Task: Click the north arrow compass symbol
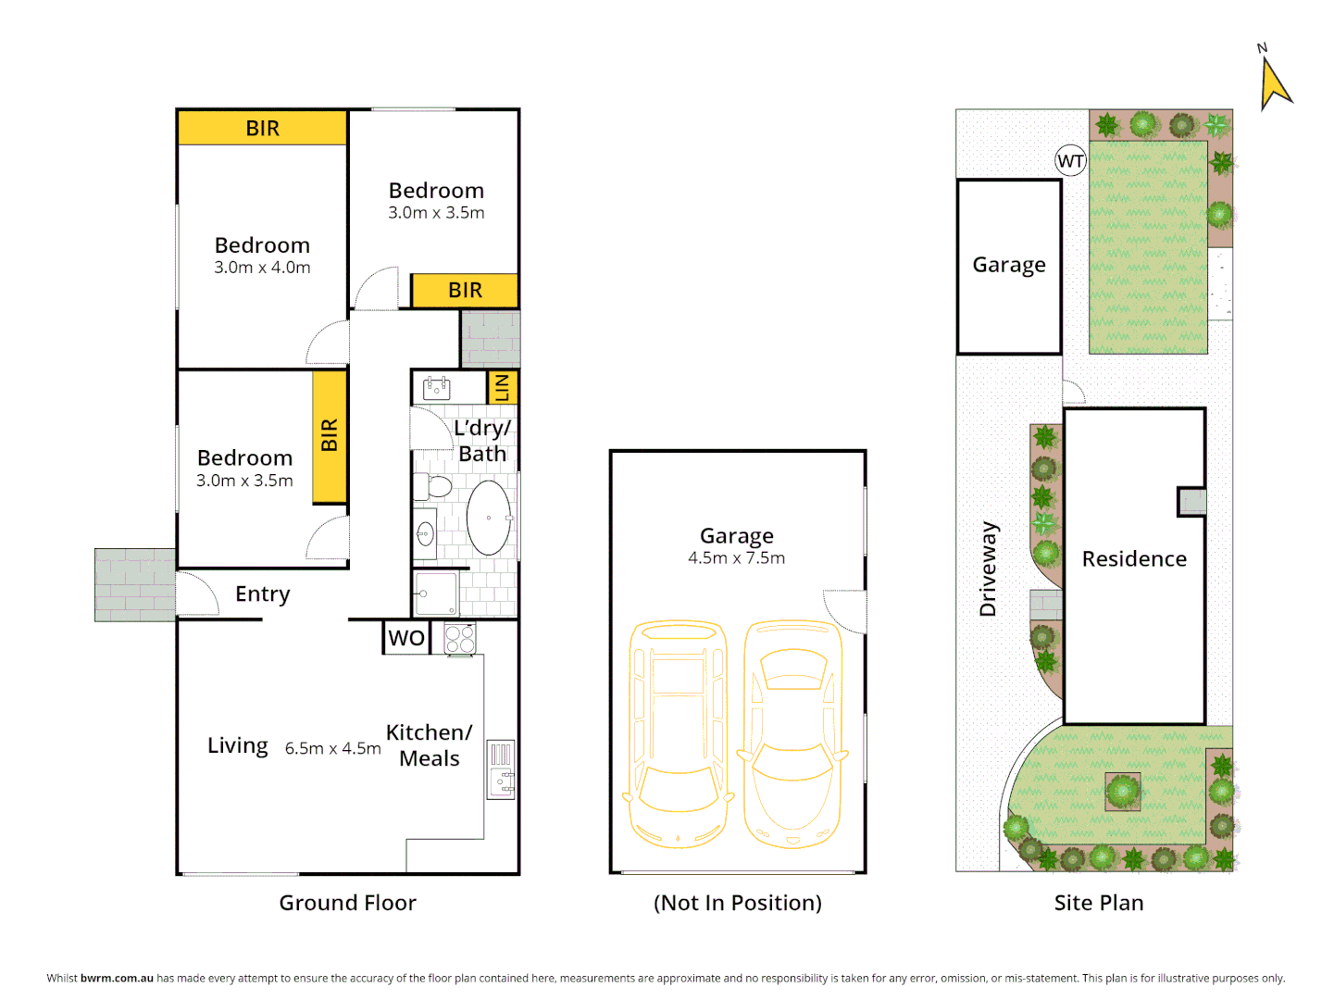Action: tap(1274, 81)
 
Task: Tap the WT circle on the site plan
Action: tap(1071, 161)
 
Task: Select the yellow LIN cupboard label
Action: tap(503, 388)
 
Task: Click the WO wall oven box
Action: tap(406, 638)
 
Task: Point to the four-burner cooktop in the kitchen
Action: tap(460, 639)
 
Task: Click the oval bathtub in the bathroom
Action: tap(488, 519)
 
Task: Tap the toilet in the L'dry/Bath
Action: tap(434, 486)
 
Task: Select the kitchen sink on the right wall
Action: tap(501, 769)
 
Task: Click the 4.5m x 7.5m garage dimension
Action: tap(737, 558)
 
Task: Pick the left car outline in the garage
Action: tap(678, 735)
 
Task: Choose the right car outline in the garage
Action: tap(793, 735)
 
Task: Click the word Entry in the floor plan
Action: tap(263, 594)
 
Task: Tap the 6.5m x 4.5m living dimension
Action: tap(332, 749)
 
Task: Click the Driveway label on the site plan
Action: tap(989, 569)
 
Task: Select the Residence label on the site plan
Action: tap(1134, 559)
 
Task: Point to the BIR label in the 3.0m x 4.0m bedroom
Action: tap(263, 129)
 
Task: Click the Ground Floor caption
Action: tap(348, 903)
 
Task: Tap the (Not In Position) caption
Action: tap(738, 903)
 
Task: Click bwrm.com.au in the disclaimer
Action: tap(117, 978)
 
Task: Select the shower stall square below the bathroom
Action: tap(436, 593)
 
